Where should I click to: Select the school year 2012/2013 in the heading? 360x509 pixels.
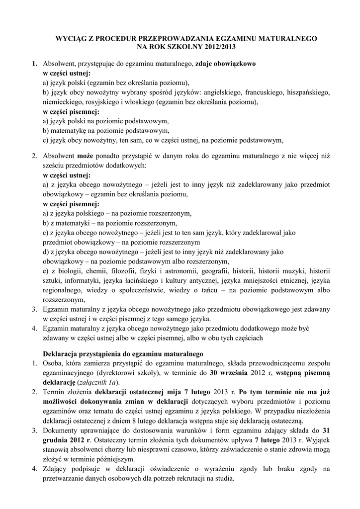click(x=215, y=46)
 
